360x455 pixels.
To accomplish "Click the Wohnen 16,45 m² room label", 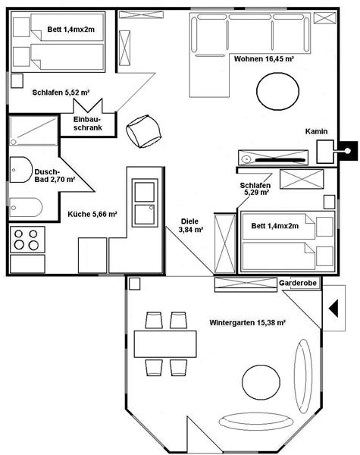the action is click(x=264, y=59).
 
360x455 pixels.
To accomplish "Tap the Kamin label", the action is click(x=316, y=131).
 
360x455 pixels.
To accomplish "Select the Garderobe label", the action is click(x=298, y=283).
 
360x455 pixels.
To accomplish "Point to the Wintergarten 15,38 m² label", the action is click(x=247, y=322).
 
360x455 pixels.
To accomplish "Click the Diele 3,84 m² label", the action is click(x=190, y=225).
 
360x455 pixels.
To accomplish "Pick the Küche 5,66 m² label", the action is click(x=92, y=214).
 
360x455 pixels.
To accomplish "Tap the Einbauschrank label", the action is click(x=88, y=124).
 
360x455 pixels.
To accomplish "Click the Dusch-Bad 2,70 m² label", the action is click(x=55, y=176).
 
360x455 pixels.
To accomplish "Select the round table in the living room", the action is click(x=277, y=92).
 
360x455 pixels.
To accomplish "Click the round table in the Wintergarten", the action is click(x=261, y=381).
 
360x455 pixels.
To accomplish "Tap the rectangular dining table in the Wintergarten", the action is click(x=165, y=344).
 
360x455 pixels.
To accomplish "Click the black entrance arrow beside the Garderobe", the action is click(x=333, y=308).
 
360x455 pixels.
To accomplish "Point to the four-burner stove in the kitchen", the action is click(x=27, y=240).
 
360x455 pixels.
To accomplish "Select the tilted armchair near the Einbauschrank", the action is click(x=143, y=131).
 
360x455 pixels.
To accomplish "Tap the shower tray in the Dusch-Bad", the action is click(x=33, y=130).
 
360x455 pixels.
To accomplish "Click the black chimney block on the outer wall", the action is click(x=349, y=151).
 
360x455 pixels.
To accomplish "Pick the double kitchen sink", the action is click(x=145, y=202).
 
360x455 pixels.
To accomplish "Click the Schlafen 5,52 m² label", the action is click(x=61, y=93).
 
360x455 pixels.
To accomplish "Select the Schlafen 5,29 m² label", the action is click(x=255, y=189).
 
